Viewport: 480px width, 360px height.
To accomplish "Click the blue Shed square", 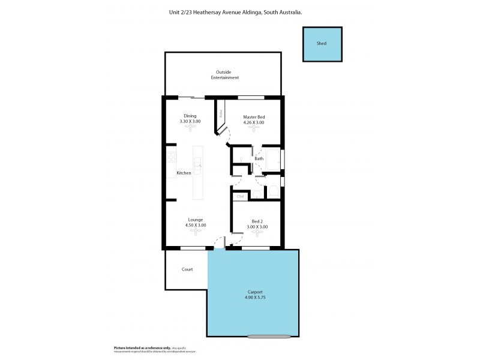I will pos(323,44).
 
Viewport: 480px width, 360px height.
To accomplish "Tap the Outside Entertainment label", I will pos(224,75).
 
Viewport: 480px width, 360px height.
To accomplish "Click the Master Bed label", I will pos(253,116).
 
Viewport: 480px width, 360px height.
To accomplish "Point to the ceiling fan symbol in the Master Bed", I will pos(253,129).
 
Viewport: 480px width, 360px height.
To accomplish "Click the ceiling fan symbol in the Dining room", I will pos(190,129).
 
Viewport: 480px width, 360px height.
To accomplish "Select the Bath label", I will pos(259,159).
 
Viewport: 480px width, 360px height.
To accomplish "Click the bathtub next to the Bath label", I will pos(273,160).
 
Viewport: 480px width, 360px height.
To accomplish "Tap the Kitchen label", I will pos(184,173).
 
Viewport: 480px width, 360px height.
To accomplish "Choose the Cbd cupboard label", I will pos(240,196).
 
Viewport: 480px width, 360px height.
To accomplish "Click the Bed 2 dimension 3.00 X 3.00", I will pos(257,227).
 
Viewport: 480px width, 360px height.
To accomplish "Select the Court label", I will pos(187,269).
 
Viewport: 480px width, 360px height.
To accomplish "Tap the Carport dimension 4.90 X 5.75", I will pos(253,298).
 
